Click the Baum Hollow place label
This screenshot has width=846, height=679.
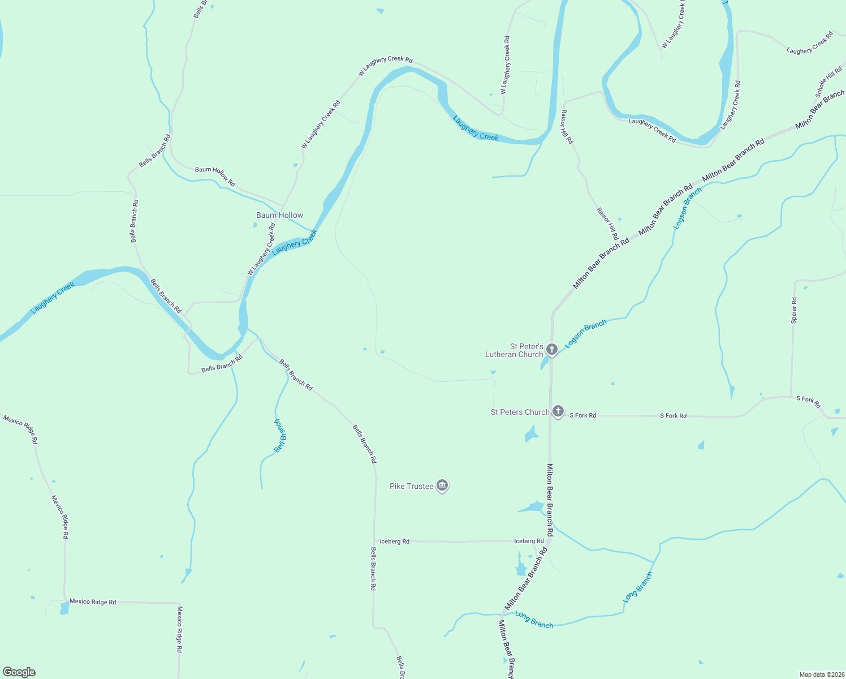(x=279, y=215)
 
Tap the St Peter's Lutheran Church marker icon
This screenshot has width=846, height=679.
(x=552, y=350)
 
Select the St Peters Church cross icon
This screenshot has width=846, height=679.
(x=558, y=411)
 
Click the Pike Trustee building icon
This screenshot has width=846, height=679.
(x=443, y=485)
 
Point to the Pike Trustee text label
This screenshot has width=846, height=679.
(x=411, y=486)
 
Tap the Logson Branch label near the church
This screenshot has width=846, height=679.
(x=586, y=333)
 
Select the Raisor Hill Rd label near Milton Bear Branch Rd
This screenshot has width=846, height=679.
(x=607, y=224)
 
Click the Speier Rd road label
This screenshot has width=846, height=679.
(x=794, y=310)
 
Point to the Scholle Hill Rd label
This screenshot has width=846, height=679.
(x=828, y=83)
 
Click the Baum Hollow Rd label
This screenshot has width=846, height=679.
(x=215, y=176)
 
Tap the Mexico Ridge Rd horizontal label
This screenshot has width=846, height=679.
(x=93, y=601)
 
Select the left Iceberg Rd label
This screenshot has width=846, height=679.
(x=394, y=542)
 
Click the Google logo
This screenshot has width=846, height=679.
(x=19, y=672)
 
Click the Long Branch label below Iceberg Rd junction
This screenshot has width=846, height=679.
(x=534, y=620)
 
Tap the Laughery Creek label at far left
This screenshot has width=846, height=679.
(x=53, y=298)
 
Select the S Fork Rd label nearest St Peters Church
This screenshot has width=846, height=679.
(x=582, y=415)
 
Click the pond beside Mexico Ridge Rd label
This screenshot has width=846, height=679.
(x=64, y=609)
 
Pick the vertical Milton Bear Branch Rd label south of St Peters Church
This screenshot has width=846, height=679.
(x=550, y=500)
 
